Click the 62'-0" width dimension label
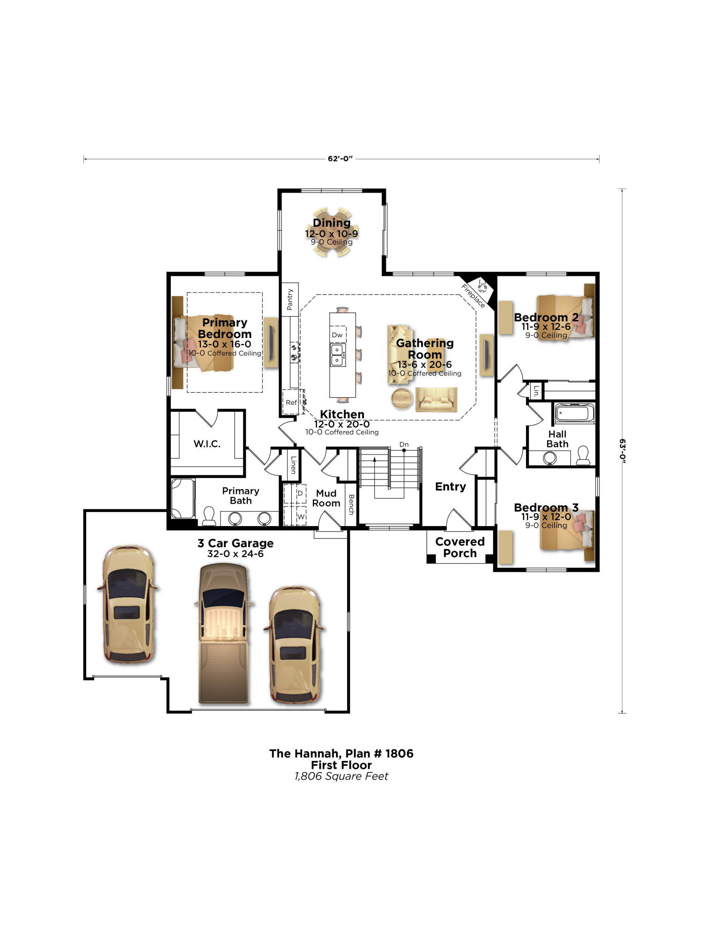coord(340,159)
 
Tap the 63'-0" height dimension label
coord(622,451)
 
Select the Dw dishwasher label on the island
coord(337,335)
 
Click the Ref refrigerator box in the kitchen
coord(291,402)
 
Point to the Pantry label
coord(290,299)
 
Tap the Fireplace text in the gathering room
coord(473,296)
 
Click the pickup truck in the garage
coord(224,633)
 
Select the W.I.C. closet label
coord(207,444)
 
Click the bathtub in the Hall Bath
coord(574,413)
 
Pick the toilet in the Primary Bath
coord(209,516)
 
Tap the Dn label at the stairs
coord(404,444)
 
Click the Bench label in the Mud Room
coord(351,505)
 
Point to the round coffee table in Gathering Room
coord(402,399)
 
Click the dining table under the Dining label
coord(332,233)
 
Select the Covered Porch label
coord(459,547)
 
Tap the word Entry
coord(450,487)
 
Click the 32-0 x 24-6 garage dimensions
coord(235,554)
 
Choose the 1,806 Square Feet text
coord(341,776)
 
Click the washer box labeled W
coord(301,517)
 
